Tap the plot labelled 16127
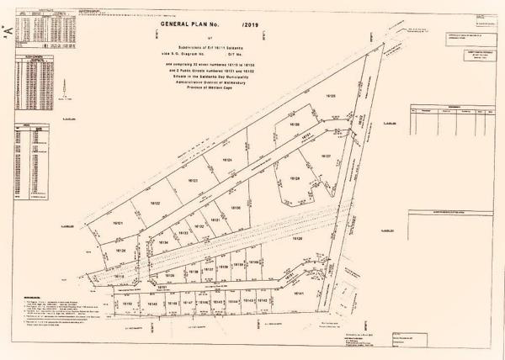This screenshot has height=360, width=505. click(x=325, y=156)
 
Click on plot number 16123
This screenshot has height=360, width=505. click(x=193, y=181)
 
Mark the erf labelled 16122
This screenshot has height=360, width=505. click(x=155, y=204)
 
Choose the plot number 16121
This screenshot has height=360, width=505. click(x=119, y=224)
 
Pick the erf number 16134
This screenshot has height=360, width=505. click(x=164, y=242)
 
